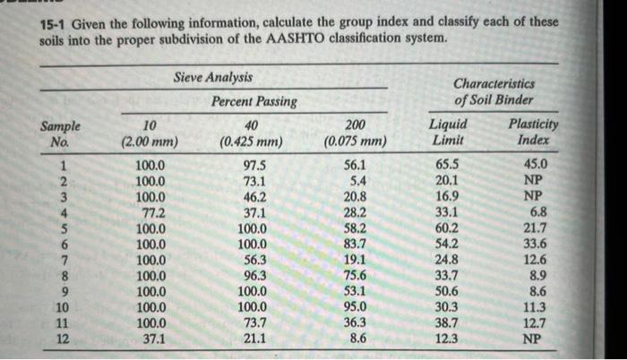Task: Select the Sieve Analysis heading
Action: click(x=213, y=78)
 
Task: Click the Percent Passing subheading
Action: click(x=253, y=101)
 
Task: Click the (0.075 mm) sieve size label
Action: click(x=355, y=141)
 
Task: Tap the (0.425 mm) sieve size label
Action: click(x=251, y=141)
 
